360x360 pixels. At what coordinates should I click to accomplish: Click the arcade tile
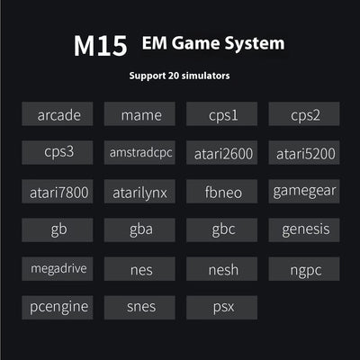tap(58, 113)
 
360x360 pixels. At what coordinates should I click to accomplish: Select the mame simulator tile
tap(139, 113)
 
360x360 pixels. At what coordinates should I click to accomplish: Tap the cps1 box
tap(221, 113)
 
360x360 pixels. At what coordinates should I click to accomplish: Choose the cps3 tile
tap(58, 152)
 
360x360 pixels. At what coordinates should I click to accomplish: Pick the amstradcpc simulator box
tap(139, 152)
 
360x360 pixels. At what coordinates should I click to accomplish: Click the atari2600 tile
tap(221, 152)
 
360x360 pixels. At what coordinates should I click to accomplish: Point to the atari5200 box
tap(304, 152)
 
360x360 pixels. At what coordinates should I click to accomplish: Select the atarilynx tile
tap(139, 192)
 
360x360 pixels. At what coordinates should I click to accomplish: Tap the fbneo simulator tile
tap(221, 192)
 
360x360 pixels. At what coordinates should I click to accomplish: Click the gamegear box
tap(304, 192)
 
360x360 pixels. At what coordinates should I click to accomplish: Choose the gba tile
tap(139, 230)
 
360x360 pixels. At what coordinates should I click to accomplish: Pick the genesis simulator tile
tap(304, 230)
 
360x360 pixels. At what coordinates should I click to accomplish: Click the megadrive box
tap(58, 269)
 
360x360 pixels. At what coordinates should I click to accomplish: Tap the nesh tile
tap(221, 269)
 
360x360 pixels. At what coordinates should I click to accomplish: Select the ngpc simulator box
tap(304, 269)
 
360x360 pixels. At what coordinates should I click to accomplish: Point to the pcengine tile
tap(58, 308)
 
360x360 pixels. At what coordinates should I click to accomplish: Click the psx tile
tap(221, 308)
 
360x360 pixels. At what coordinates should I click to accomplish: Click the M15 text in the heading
tap(101, 46)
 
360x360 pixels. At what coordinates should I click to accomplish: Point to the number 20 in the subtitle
tap(174, 76)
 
